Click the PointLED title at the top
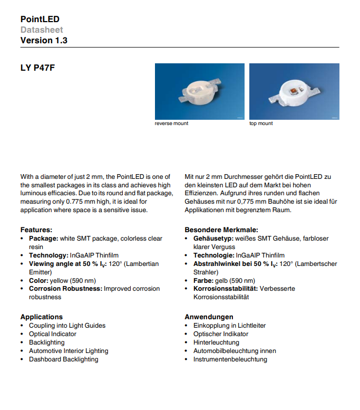click(x=40, y=19)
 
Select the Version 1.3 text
click(x=44, y=40)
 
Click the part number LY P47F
click(x=37, y=68)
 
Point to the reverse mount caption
click(x=171, y=123)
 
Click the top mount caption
click(x=261, y=123)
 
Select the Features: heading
click(x=36, y=230)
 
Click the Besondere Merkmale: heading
click(x=221, y=230)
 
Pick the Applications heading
click(x=42, y=317)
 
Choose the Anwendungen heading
click(x=209, y=317)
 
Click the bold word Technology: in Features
click(x=48, y=255)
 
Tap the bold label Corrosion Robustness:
click(x=66, y=289)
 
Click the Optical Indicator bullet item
click(x=52, y=334)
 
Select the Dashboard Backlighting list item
click(x=63, y=359)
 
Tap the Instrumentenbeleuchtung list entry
click(x=230, y=359)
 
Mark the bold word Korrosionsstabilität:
click(x=225, y=289)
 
